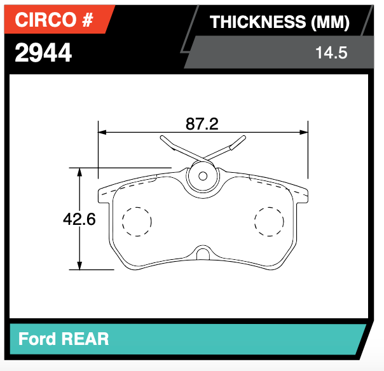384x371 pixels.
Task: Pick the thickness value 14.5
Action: click(331, 53)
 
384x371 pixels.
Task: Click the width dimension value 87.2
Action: click(202, 125)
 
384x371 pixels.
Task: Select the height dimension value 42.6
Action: click(79, 219)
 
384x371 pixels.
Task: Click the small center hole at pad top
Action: click(203, 176)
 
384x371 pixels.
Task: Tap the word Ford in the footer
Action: click(37, 339)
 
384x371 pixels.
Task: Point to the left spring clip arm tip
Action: click(164, 138)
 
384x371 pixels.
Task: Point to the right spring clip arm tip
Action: click(242, 138)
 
